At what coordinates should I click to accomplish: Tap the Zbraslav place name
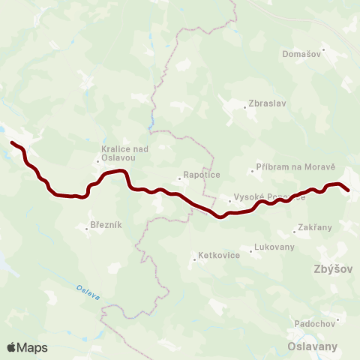269,104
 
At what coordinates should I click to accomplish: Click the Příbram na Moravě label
295,170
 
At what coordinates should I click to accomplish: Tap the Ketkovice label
218,255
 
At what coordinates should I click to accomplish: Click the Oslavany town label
313,346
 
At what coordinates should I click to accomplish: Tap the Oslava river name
88,292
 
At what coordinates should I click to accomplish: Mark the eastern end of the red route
348,190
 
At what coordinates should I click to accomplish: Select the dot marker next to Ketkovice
194,256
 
